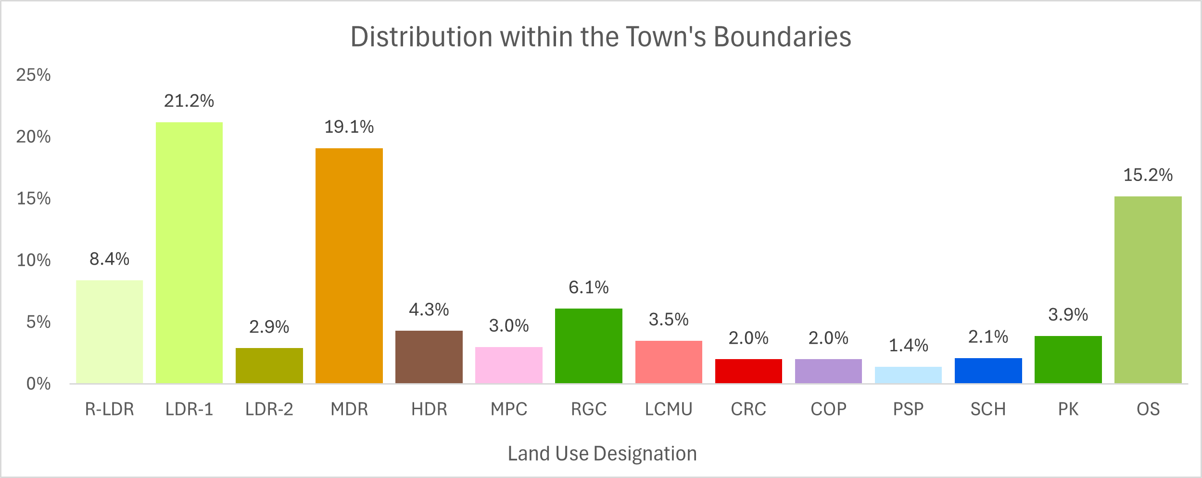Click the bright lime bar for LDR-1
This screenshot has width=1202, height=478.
click(189, 253)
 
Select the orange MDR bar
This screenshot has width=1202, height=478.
click(349, 266)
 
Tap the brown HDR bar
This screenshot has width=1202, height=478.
click(429, 357)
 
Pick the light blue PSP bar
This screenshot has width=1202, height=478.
click(908, 375)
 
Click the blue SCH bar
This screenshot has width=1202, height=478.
click(988, 371)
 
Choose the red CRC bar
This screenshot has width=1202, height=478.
click(748, 371)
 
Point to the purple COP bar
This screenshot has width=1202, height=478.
click(828, 371)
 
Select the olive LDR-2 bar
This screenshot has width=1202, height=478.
click(269, 365)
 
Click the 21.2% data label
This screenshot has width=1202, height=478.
click(189, 101)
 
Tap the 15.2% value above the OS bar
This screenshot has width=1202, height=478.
click(1148, 175)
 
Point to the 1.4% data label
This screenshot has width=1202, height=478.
click(908, 345)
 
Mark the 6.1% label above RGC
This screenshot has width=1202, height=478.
click(588, 287)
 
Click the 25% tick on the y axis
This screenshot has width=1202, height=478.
click(33, 75)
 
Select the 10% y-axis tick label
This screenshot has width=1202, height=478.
click(33, 260)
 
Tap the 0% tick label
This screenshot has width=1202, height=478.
click(38, 384)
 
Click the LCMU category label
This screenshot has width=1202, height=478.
click(669, 409)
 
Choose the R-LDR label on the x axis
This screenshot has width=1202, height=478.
click(109, 409)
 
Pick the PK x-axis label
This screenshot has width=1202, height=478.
click(1068, 409)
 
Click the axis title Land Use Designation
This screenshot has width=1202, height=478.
click(602, 453)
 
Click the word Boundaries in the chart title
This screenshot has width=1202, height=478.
click(782, 37)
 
